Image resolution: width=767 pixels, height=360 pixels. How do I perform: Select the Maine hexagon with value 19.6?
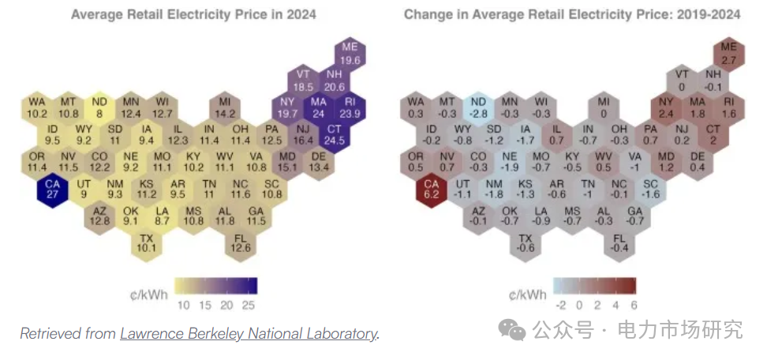350,54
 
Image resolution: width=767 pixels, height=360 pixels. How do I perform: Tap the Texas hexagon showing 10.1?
146,242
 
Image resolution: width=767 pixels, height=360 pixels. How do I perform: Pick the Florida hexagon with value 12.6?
240,242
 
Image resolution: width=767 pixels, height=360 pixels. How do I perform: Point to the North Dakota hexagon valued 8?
99,107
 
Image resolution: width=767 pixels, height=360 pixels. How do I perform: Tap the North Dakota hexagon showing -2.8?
478,107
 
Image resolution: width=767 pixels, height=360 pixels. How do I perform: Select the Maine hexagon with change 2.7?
728,54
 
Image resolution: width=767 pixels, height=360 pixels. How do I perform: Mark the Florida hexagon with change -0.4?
619,242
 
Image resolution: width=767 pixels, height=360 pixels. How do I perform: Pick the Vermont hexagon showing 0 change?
682,81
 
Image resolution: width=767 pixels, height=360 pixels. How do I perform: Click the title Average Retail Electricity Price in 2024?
193,14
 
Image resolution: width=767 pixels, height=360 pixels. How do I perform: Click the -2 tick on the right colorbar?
562,304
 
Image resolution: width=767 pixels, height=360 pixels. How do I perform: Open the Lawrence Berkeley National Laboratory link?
249,334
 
